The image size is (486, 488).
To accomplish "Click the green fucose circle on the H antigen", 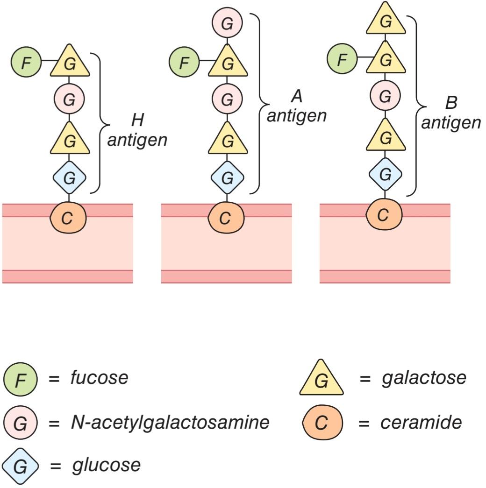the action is tap(26, 62).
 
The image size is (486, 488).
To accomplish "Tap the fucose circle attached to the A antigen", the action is tap(184, 62).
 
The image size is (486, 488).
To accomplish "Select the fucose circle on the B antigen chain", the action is tap(342, 58).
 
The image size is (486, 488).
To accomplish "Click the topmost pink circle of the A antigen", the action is tap(227, 23).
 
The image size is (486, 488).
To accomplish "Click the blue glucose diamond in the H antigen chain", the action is tap(69, 178).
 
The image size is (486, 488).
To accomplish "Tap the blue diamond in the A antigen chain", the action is tap(227, 178).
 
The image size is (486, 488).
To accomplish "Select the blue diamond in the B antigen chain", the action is tap(386, 174).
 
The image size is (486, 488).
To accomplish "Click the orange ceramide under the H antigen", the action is tap(68, 218).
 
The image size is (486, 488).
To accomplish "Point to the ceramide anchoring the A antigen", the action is tap(226, 218).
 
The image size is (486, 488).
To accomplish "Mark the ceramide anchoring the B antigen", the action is tap(384, 214).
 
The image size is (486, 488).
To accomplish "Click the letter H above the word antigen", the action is tap(137, 120).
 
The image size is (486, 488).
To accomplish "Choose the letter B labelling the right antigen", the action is tap(451, 103).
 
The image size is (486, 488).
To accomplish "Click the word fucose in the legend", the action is tap(100, 377).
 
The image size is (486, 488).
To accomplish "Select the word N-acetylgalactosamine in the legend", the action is tap(170, 422).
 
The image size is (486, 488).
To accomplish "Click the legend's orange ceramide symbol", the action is tap(322, 422).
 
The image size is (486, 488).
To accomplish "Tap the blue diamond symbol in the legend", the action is tap(20, 466).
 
